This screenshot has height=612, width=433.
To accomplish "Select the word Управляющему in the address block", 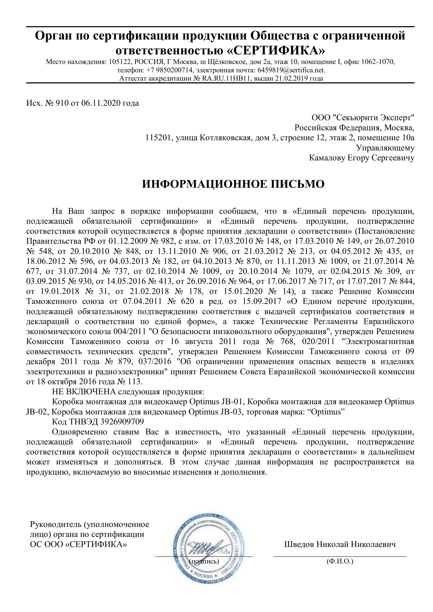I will [x=385, y=148].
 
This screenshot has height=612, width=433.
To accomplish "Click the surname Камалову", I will [x=327, y=158].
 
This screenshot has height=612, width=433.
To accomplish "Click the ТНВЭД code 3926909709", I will [x=122, y=422].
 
